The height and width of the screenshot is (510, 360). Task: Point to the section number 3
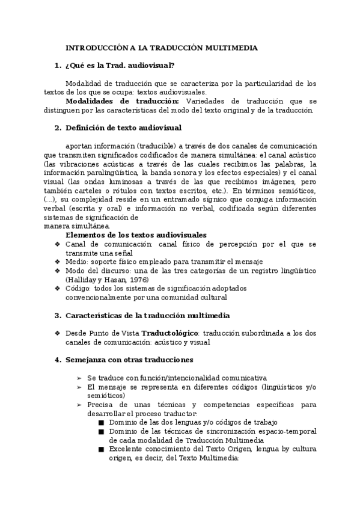[x=58, y=315]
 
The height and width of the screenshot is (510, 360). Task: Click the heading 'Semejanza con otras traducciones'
[x=129, y=360]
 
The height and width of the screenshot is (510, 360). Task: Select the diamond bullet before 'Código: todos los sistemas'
[x=58, y=289]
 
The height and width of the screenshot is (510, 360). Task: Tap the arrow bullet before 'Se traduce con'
[x=80, y=378]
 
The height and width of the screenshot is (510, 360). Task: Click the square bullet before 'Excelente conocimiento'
[x=102, y=449]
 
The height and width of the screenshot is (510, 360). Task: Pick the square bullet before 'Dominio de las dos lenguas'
[x=102, y=422]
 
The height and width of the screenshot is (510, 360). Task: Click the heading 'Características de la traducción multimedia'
[x=147, y=315]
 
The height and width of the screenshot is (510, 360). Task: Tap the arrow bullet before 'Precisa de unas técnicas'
[x=80, y=405]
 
